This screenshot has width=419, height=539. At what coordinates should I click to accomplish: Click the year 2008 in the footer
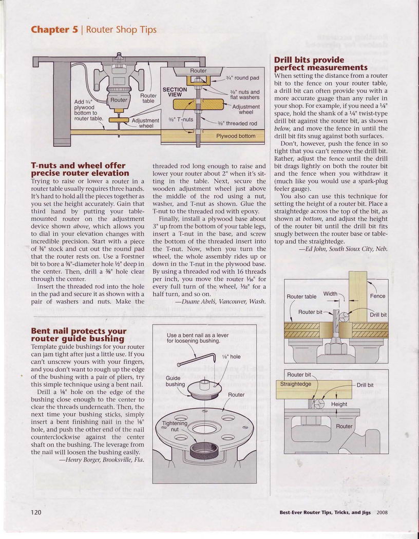[382, 512]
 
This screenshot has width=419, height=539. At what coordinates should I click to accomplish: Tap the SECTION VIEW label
[175, 92]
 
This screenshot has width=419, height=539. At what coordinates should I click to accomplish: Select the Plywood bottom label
[235, 136]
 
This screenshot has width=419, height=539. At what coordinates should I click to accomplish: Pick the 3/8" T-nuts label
[180, 120]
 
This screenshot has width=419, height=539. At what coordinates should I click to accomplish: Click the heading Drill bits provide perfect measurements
[321, 64]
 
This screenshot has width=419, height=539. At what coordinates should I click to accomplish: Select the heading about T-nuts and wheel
[80, 169]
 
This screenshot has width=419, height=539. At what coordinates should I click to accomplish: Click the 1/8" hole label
[231, 357]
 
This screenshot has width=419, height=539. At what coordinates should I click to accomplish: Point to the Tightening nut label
[174, 426]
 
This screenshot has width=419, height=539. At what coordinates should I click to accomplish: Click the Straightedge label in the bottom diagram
[296, 384]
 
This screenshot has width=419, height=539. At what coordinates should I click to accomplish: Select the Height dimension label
[339, 404]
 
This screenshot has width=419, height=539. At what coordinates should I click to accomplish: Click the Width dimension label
[331, 294]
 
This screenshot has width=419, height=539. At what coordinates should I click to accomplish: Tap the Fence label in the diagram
[377, 296]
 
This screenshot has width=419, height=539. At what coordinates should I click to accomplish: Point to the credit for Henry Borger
[102, 460]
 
